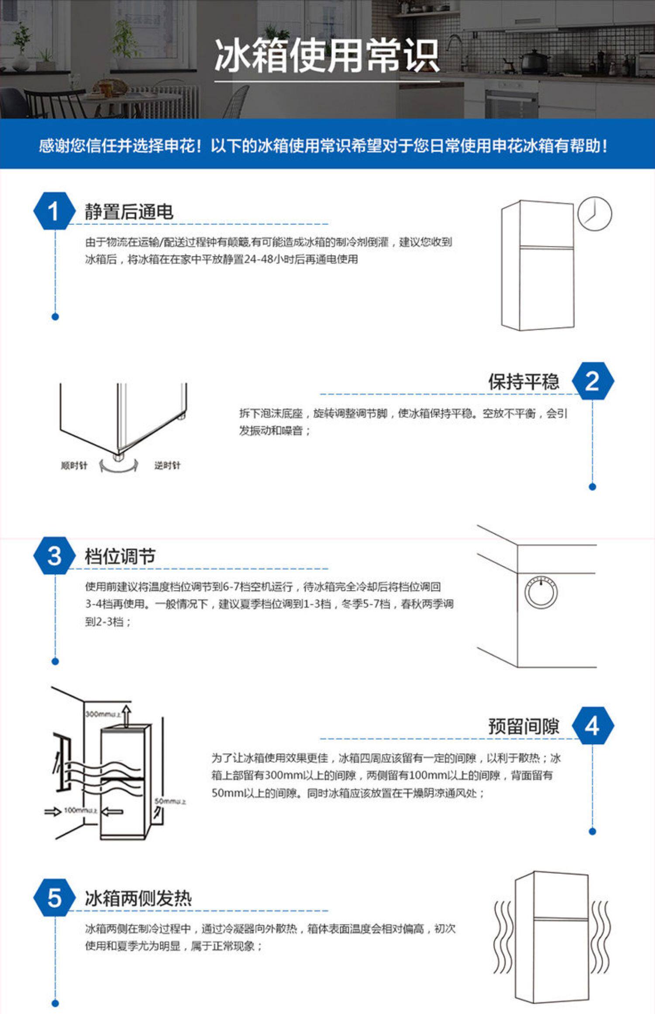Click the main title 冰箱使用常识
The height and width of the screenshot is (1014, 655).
point(327,55)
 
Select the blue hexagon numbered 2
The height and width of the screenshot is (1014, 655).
point(593,381)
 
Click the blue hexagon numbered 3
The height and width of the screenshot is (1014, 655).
point(54,556)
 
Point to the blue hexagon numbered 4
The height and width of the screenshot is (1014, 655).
point(593,726)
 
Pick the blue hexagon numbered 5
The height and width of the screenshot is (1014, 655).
point(54,898)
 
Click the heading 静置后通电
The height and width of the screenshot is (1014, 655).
point(129,212)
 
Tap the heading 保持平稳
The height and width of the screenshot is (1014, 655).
point(524,382)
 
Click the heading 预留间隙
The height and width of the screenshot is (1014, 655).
point(524,726)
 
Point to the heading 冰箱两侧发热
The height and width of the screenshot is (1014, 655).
point(138,899)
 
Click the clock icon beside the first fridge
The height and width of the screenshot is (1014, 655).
point(594,214)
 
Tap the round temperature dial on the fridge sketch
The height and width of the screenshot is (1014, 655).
point(541,593)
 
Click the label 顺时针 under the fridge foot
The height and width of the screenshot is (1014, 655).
point(74,466)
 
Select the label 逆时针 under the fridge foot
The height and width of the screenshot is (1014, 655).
point(167,466)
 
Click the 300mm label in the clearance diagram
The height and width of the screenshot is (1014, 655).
point(103,714)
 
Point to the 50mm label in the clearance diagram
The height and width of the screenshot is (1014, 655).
point(170,801)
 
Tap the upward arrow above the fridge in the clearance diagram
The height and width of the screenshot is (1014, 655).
point(126,715)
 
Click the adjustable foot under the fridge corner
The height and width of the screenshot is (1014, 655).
point(117,456)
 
